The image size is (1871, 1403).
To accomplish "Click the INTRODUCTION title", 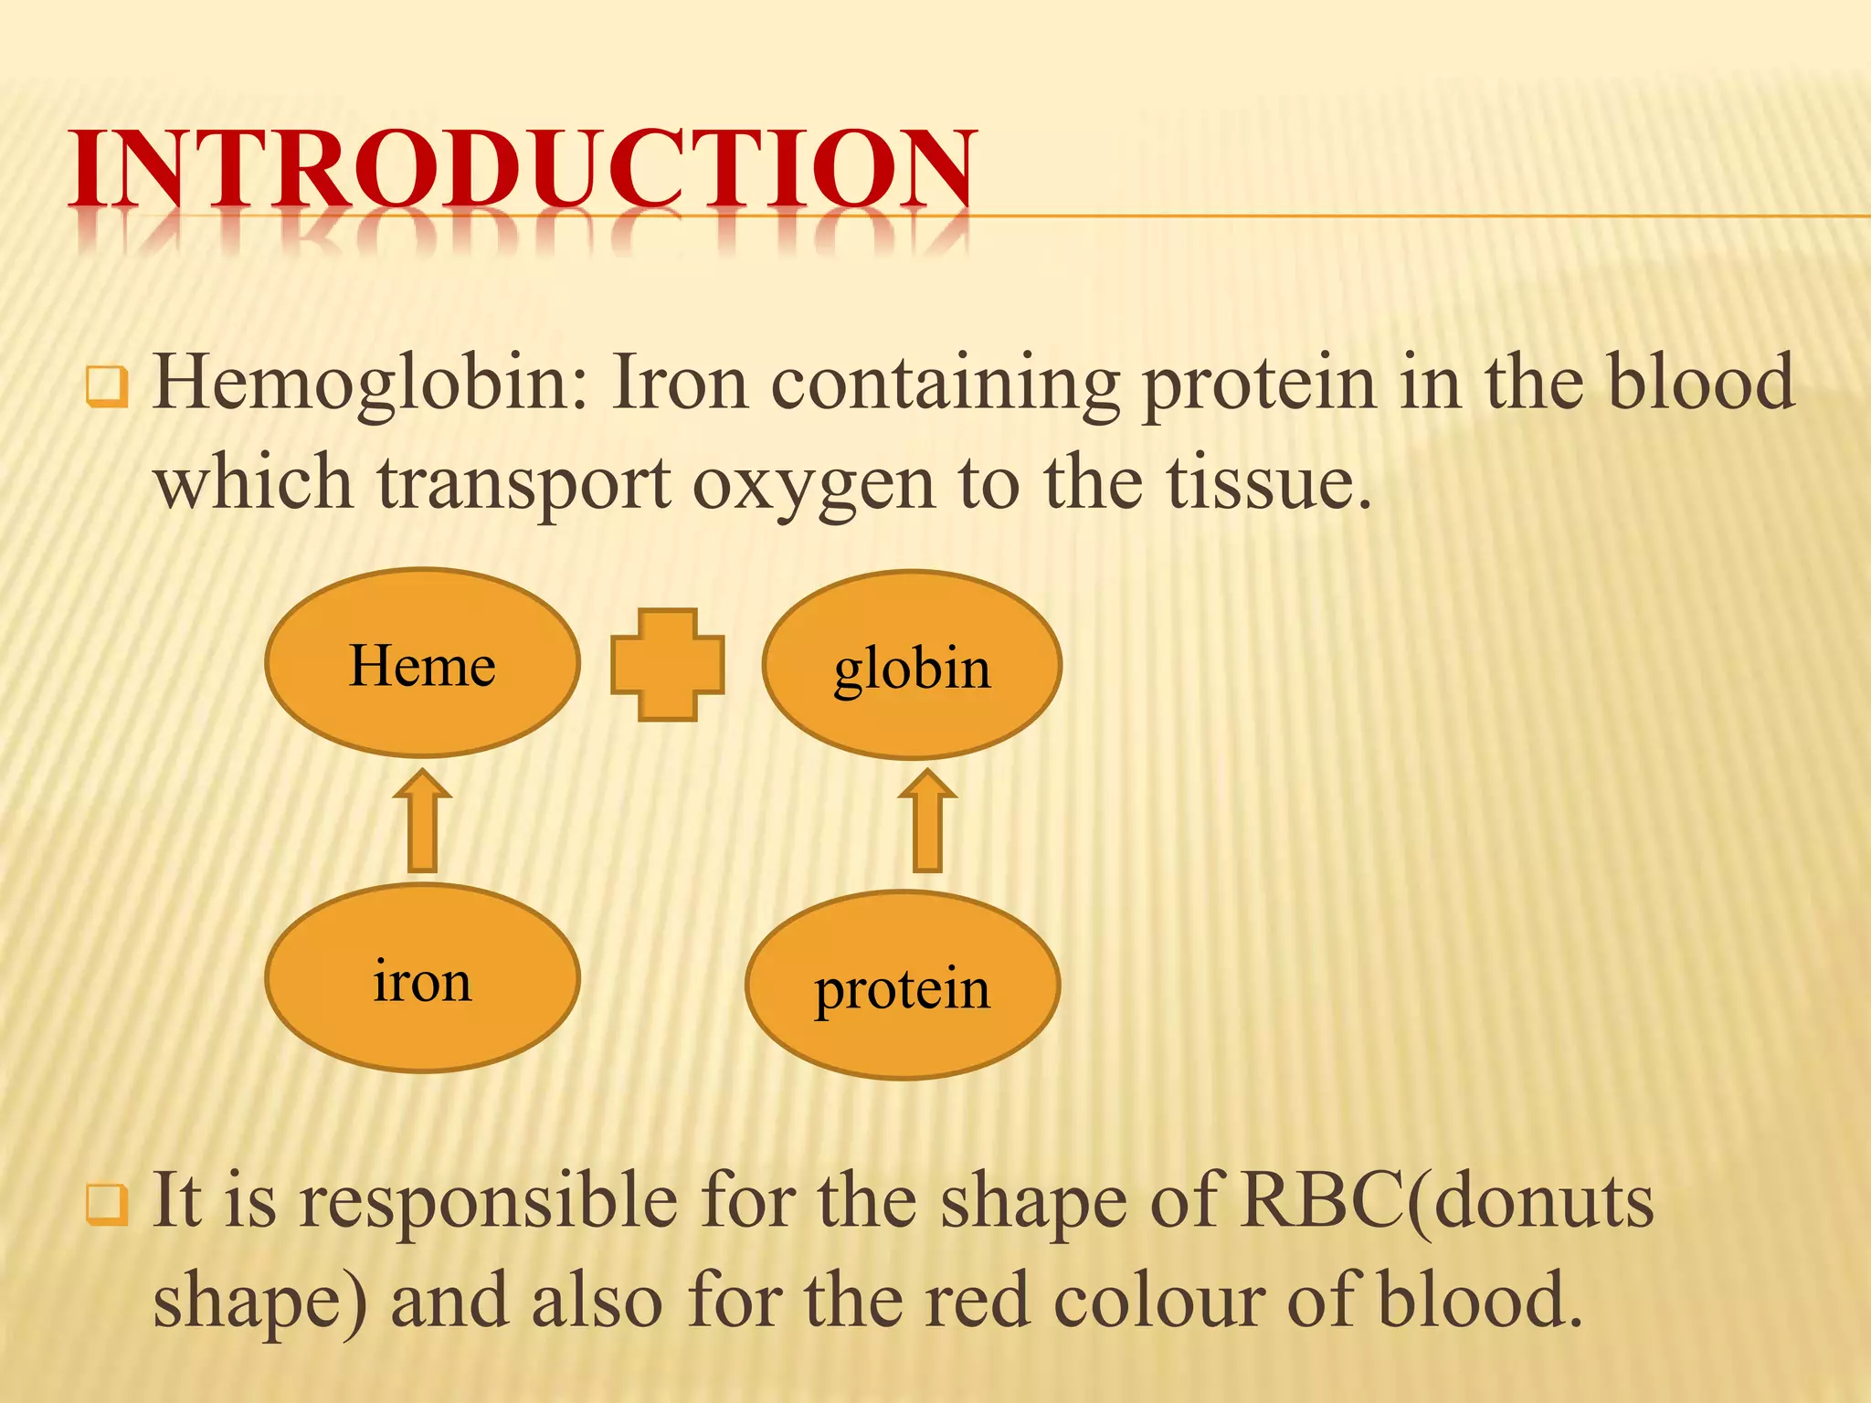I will point(523,169).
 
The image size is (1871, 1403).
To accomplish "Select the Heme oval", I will point(422,664).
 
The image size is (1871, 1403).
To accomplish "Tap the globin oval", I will point(912,666).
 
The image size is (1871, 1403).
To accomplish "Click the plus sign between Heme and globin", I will point(668,665).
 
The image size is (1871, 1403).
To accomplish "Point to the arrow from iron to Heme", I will point(422,821).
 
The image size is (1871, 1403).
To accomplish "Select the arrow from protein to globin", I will point(927,821).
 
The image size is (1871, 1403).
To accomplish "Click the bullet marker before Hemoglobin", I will point(106,386).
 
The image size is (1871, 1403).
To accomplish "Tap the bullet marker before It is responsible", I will point(106,1204).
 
